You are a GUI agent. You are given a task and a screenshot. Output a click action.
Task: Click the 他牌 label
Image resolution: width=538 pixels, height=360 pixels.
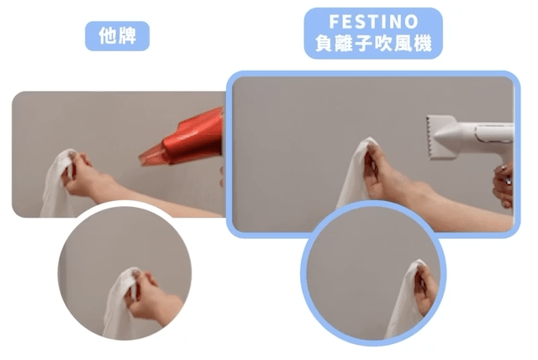coord(118,35)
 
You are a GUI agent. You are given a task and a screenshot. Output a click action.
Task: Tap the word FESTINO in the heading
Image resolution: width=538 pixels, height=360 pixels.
coord(373,22)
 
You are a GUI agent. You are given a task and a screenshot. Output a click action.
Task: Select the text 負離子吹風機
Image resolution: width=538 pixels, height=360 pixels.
coord(373,44)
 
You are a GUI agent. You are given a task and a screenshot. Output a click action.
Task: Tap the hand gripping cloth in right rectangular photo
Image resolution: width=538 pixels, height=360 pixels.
coord(388,172)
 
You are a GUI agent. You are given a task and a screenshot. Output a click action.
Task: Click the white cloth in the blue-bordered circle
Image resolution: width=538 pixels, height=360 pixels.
coord(403,302)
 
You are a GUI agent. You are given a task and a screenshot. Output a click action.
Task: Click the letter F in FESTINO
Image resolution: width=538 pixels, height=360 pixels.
coord(334,22)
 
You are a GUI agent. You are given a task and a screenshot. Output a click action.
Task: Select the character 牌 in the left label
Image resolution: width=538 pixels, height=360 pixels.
coord(127,35)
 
